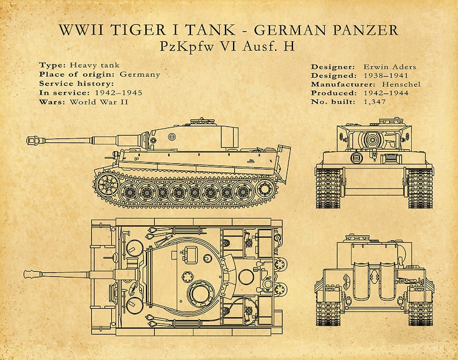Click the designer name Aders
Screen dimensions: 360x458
(404, 66)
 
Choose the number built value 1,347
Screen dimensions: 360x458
(374, 102)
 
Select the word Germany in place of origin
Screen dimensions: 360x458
(140, 74)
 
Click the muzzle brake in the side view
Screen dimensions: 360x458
(32, 140)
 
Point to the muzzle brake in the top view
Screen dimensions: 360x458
(32, 273)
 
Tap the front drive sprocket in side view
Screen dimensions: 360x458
(107, 185)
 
